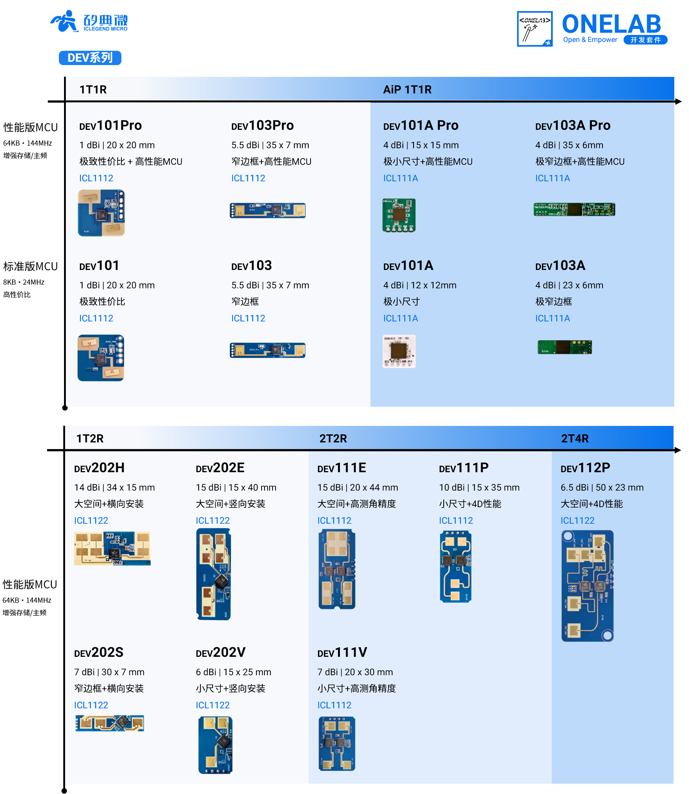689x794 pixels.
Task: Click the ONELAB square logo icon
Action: pyautogui.click(x=534, y=29)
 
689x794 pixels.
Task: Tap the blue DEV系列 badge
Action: pyautogui.click(x=90, y=58)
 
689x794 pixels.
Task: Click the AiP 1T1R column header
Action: pyautogui.click(x=407, y=89)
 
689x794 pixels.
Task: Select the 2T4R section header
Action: pyautogui.click(x=575, y=438)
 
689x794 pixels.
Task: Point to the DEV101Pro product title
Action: pyautogui.click(x=110, y=125)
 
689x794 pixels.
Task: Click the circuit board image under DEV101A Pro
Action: pyautogui.click(x=399, y=215)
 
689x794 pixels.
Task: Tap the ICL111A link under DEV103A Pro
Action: pyautogui.click(x=553, y=178)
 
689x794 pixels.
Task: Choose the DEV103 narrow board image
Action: pyautogui.click(x=267, y=350)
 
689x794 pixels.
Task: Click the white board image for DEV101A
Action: pyautogui.click(x=399, y=351)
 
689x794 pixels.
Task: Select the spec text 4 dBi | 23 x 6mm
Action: pyautogui.click(x=569, y=285)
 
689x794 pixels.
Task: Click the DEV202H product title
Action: pyautogui.click(x=99, y=468)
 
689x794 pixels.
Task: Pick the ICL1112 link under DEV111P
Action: pyautogui.click(x=456, y=520)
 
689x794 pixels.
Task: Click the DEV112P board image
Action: pyautogui.click(x=587, y=586)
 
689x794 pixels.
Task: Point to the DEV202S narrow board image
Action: pyautogui.click(x=110, y=723)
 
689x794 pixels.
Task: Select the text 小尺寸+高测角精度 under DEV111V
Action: pyautogui.click(x=356, y=688)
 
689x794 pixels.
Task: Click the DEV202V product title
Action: pyautogui.click(x=220, y=652)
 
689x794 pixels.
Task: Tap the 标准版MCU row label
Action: pyautogui.click(x=31, y=266)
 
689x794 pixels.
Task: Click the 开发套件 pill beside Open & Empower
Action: pyautogui.click(x=645, y=40)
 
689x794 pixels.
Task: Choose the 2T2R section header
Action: pyautogui.click(x=333, y=438)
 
